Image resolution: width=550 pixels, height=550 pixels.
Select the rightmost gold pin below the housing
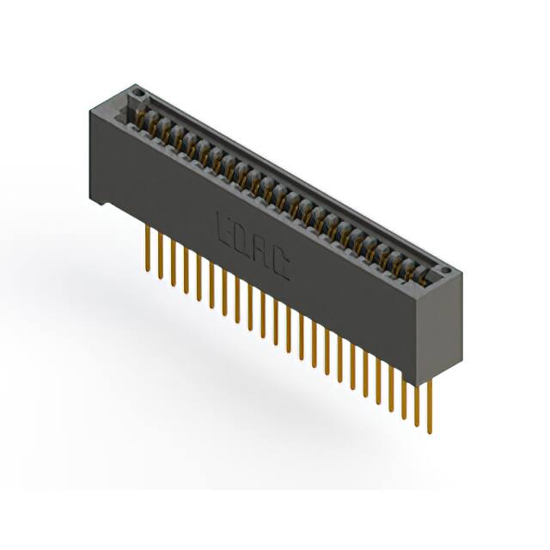point(429,404)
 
